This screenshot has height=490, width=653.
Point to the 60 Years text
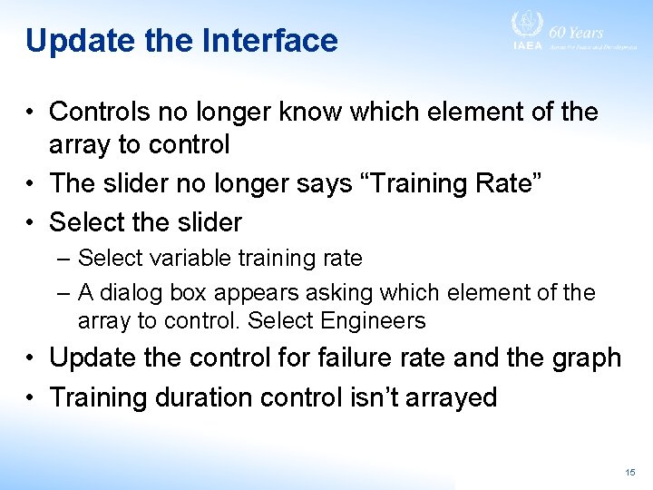[576, 32]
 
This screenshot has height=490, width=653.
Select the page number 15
[630, 473]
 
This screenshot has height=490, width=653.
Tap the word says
[318, 183]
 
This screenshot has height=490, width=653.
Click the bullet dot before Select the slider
[31, 222]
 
